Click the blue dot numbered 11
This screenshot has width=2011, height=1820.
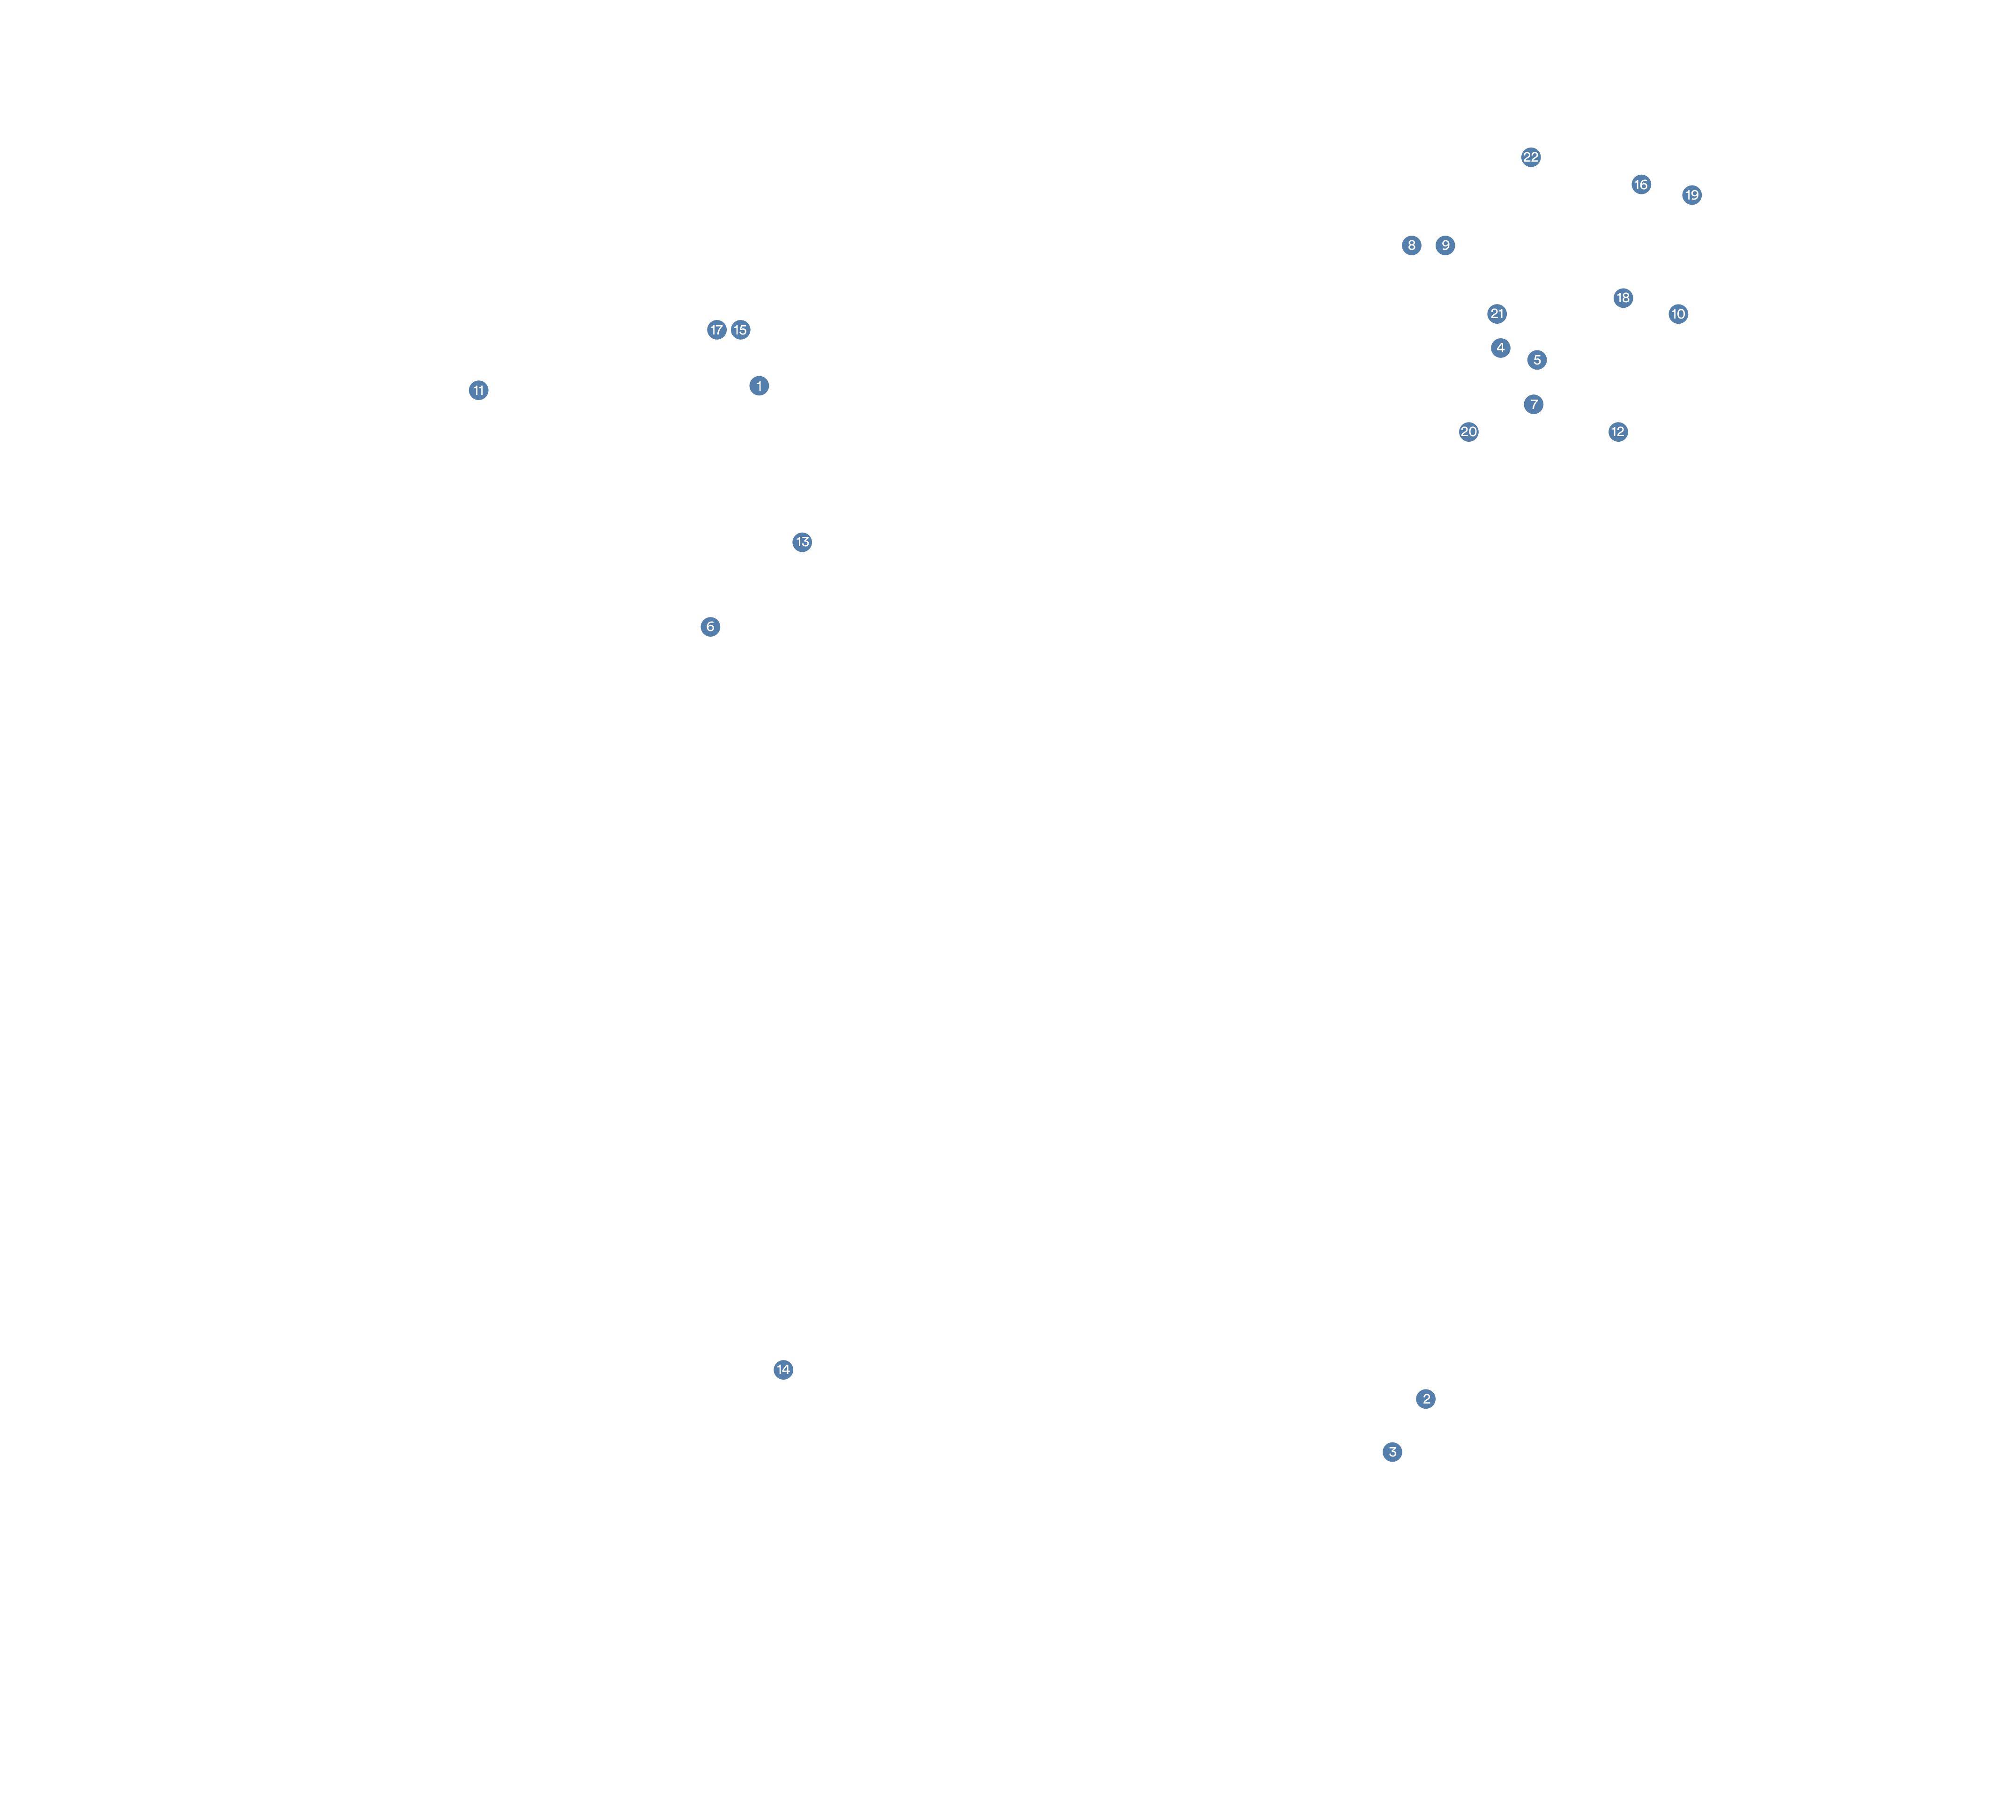(x=479, y=390)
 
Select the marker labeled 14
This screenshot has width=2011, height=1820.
(x=783, y=1369)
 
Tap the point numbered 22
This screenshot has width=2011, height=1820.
(x=1531, y=157)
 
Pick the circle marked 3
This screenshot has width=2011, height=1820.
(x=1393, y=1452)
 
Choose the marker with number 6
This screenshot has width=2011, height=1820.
(x=710, y=626)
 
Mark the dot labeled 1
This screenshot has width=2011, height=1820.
(x=759, y=386)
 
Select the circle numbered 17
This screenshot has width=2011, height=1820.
(x=716, y=330)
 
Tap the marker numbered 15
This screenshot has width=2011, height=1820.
(x=740, y=330)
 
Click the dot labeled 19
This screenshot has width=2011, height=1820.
(x=1692, y=195)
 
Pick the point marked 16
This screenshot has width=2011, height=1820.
(x=1641, y=185)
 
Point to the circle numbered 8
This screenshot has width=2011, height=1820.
(x=1411, y=245)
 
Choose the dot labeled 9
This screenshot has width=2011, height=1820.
(x=1445, y=245)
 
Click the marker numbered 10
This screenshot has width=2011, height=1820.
(x=1679, y=314)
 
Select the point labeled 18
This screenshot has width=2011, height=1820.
(x=1623, y=298)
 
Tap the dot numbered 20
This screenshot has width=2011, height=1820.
(x=1468, y=432)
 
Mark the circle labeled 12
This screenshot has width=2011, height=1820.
(x=1618, y=432)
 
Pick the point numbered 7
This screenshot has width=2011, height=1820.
(x=1533, y=404)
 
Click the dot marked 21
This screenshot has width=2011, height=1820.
(x=1496, y=314)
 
